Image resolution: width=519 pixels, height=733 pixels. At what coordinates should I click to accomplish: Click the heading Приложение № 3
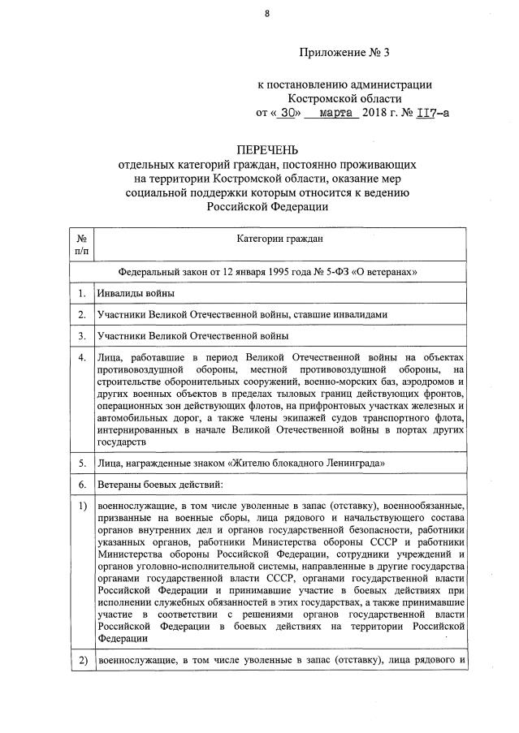[345, 54]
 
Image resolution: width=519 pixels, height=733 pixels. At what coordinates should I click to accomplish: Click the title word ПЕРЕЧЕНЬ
[267, 150]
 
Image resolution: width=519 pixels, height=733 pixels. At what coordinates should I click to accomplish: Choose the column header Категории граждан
[280, 239]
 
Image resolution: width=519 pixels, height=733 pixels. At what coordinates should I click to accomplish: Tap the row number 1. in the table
[82, 293]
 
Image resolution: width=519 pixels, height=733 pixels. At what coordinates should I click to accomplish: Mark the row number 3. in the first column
[82, 334]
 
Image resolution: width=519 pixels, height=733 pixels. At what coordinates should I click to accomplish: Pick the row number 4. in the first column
[82, 358]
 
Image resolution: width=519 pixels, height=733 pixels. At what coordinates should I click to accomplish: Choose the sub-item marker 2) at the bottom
[82, 660]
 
